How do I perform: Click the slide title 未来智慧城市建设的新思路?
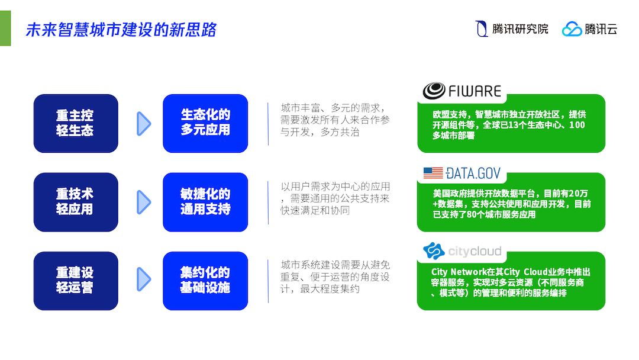(x=121, y=30)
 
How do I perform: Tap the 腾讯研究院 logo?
(x=512, y=28)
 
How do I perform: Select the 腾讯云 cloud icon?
(x=572, y=28)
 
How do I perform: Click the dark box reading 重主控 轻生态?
(x=75, y=123)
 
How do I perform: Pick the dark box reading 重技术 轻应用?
(x=75, y=202)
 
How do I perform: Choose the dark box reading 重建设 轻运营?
(x=75, y=281)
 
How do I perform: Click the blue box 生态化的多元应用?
(x=205, y=123)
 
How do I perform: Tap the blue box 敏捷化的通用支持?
(x=205, y=202)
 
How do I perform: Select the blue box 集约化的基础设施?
(x=205, y=281)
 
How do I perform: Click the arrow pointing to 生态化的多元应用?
(x=144, y=123)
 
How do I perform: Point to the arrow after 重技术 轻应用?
(x=144, y=202)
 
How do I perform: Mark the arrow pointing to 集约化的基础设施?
(x=144, y=281)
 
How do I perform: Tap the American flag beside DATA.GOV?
(x=433, y=173)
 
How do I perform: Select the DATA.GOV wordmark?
(x=473, y=173)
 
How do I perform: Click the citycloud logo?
(x=462, y=251)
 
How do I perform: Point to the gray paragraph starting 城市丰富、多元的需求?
(x=335, y=120)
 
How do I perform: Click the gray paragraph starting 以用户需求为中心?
(x=335, y=198)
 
